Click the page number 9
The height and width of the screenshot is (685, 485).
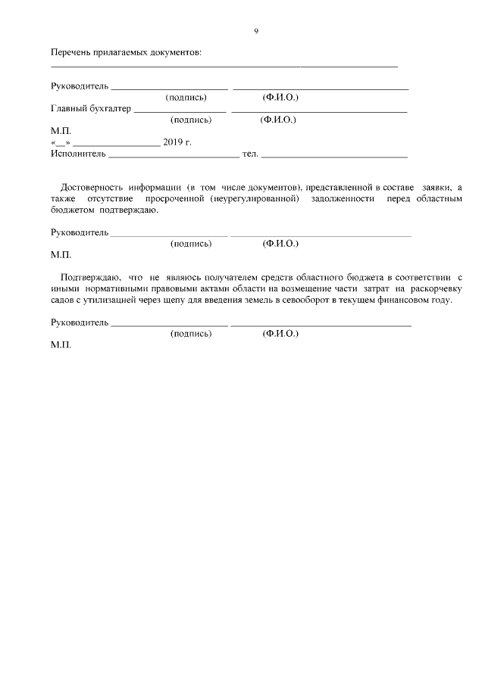pos(256,31)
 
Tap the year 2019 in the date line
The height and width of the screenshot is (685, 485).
pos(173,142)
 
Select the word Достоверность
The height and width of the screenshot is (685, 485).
pos(90,186)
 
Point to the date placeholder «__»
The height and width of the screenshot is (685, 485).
pos(60,142)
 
